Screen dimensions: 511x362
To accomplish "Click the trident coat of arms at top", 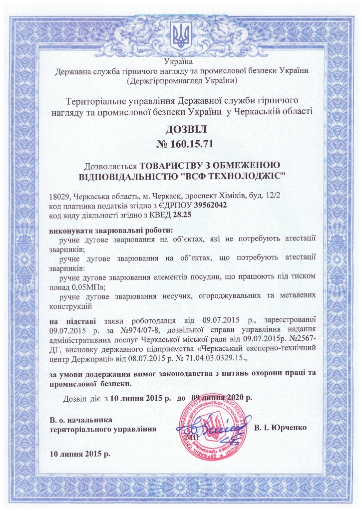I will (x=181, y=36).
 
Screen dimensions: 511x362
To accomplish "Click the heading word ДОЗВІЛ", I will (x=181, y=130).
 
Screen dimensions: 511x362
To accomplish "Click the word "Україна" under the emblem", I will (x=181, y=61).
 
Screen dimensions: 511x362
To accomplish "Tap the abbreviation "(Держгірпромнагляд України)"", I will (x=181, y=80).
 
